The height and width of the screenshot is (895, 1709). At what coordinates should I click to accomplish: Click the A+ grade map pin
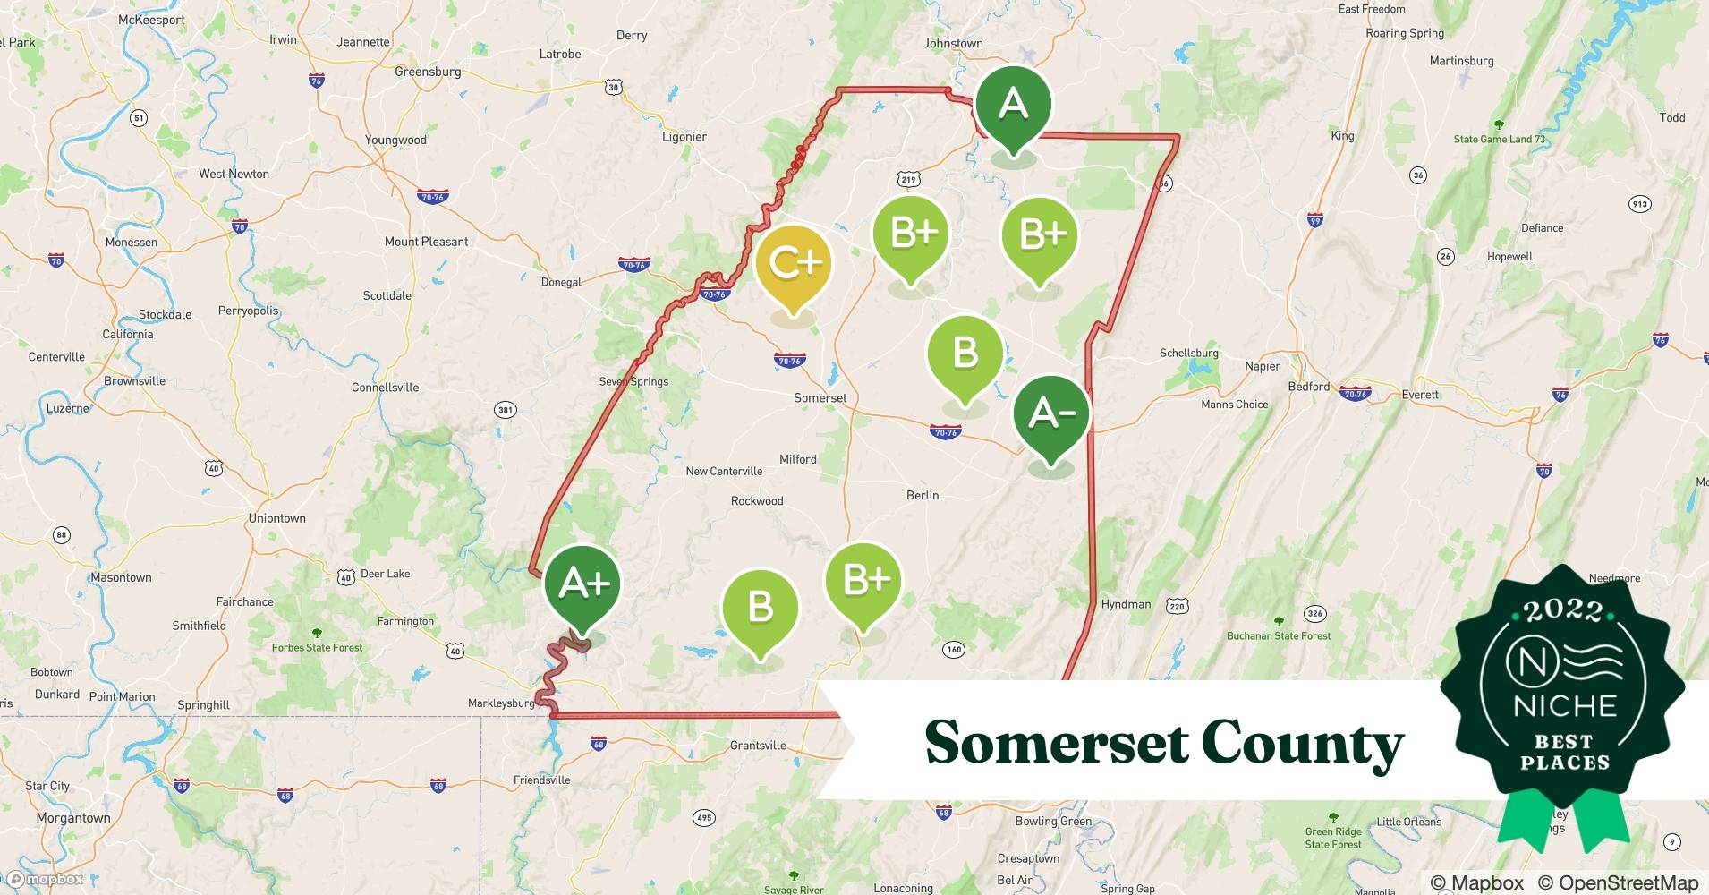tap(582, 585)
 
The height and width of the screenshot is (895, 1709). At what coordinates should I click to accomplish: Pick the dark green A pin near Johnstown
tap(1013, 105)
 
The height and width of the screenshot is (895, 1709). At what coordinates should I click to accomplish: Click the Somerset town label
tap(820, 398)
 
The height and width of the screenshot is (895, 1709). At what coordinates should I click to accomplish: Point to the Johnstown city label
tap(953, 43)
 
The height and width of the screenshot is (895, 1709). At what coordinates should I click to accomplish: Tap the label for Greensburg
tap(428, 72)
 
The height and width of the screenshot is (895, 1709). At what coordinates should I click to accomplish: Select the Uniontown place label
tap(276, 518)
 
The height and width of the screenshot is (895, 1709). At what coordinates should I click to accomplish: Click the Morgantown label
tap(73, 818)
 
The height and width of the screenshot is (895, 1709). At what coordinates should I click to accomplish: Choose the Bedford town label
tap(1308, 387)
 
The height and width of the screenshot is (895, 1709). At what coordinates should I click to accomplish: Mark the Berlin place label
tap(923, 495)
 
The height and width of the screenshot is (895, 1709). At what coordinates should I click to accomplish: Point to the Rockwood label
tap(757, 501)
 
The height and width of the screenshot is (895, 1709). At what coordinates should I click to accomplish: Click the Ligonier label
tap(684, 137)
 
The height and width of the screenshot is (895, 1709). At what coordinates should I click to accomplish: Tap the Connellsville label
tap(385, 388)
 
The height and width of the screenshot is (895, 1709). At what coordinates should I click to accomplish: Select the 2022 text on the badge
tap(1563, 610)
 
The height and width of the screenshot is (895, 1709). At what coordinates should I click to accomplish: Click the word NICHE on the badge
tap(1564, 705)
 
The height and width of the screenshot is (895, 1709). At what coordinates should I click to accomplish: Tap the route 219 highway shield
tap(909, 179)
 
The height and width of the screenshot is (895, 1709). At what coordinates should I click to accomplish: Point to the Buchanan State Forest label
tap(1279, 636)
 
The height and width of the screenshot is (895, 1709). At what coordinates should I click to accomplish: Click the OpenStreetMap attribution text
tap(1618, 882)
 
